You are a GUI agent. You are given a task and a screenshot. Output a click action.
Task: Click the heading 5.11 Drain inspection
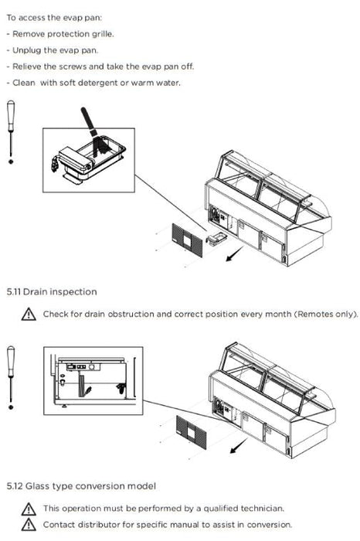pyautogui.click(x=52, y=292)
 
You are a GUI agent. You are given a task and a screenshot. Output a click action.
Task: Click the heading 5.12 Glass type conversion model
pyautogui.click(x=81, y=486)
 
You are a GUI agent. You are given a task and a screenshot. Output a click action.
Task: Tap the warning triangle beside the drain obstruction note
pyautogui.click(x=29, y=315)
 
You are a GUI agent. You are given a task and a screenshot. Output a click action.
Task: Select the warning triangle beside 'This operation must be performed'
pyautogui.click(x=29, y=509)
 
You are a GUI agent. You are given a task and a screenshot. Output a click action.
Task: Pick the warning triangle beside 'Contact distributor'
pyautogui.click(x=29, y=525)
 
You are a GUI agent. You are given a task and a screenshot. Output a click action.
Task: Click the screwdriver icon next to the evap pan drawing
pyautogui.click(x=11, y=132)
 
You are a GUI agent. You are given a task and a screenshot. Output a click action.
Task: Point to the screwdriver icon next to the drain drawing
pyautogui.click(x=11, y=378)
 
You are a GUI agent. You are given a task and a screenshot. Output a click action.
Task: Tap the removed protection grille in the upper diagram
pyautogui.click(x=187, y=240)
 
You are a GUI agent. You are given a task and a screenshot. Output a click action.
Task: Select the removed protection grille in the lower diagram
pyautogui.click(x=192, y=432)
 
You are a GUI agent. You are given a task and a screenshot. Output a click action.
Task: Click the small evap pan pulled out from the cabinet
pyautogui.click(x=216, y=237)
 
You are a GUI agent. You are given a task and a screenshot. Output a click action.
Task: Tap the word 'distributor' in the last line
pyautogui.click(x=99, y=525)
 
